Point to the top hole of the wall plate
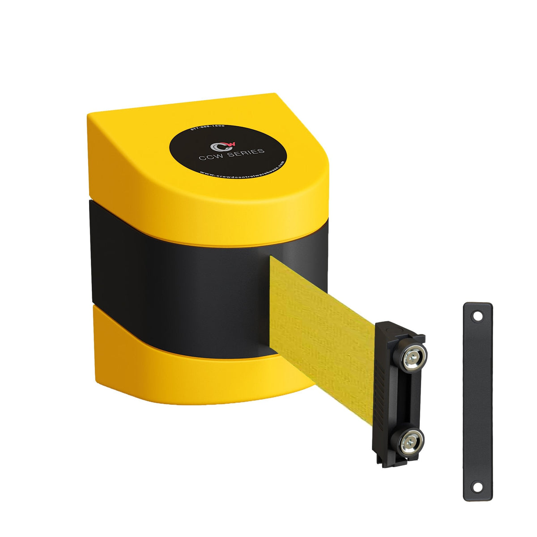(478, 316)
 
